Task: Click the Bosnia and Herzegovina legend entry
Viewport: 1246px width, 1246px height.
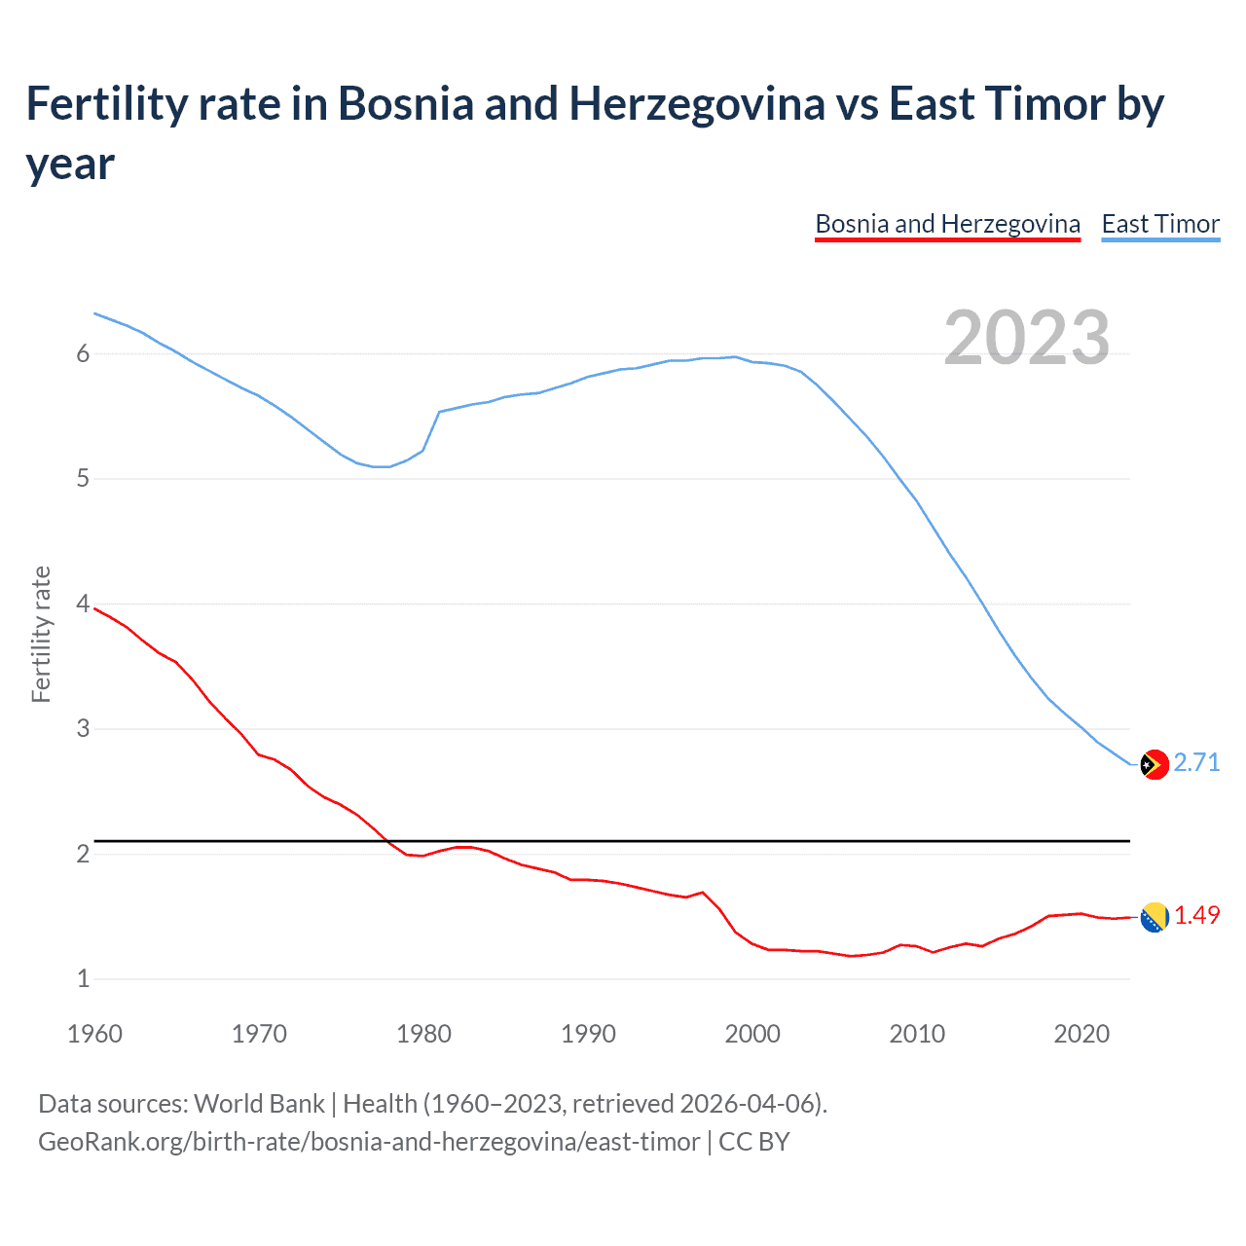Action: (947, 224)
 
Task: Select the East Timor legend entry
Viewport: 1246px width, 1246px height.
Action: (1160, 224)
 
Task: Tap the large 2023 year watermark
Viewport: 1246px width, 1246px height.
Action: (1026, 338)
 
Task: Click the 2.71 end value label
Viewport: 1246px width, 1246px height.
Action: (1196, 762)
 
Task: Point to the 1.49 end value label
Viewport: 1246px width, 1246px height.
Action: (1196, 915)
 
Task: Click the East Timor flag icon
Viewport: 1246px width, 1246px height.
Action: (1154, 765)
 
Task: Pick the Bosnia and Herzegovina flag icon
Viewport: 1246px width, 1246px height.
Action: (1154, 917)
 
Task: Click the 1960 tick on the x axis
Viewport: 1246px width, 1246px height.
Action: (94, 1034)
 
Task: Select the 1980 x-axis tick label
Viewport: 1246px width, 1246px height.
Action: (423, 1034)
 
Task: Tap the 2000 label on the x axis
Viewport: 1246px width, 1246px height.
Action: (752, 1034)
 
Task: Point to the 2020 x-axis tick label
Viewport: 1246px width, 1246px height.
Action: (1081, 1034)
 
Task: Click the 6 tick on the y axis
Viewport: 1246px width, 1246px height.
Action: (83, 354)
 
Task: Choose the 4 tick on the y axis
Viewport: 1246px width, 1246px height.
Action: (83, 605)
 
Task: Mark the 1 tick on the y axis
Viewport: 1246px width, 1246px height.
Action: (83, 979)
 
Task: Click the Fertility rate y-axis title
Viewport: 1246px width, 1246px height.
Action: (41, 634)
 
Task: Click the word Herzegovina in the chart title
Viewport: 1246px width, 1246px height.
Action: (696, 103)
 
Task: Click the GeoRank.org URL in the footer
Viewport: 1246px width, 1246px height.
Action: (369, 1142)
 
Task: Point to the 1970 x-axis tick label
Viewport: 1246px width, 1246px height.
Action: (259, 1034)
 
